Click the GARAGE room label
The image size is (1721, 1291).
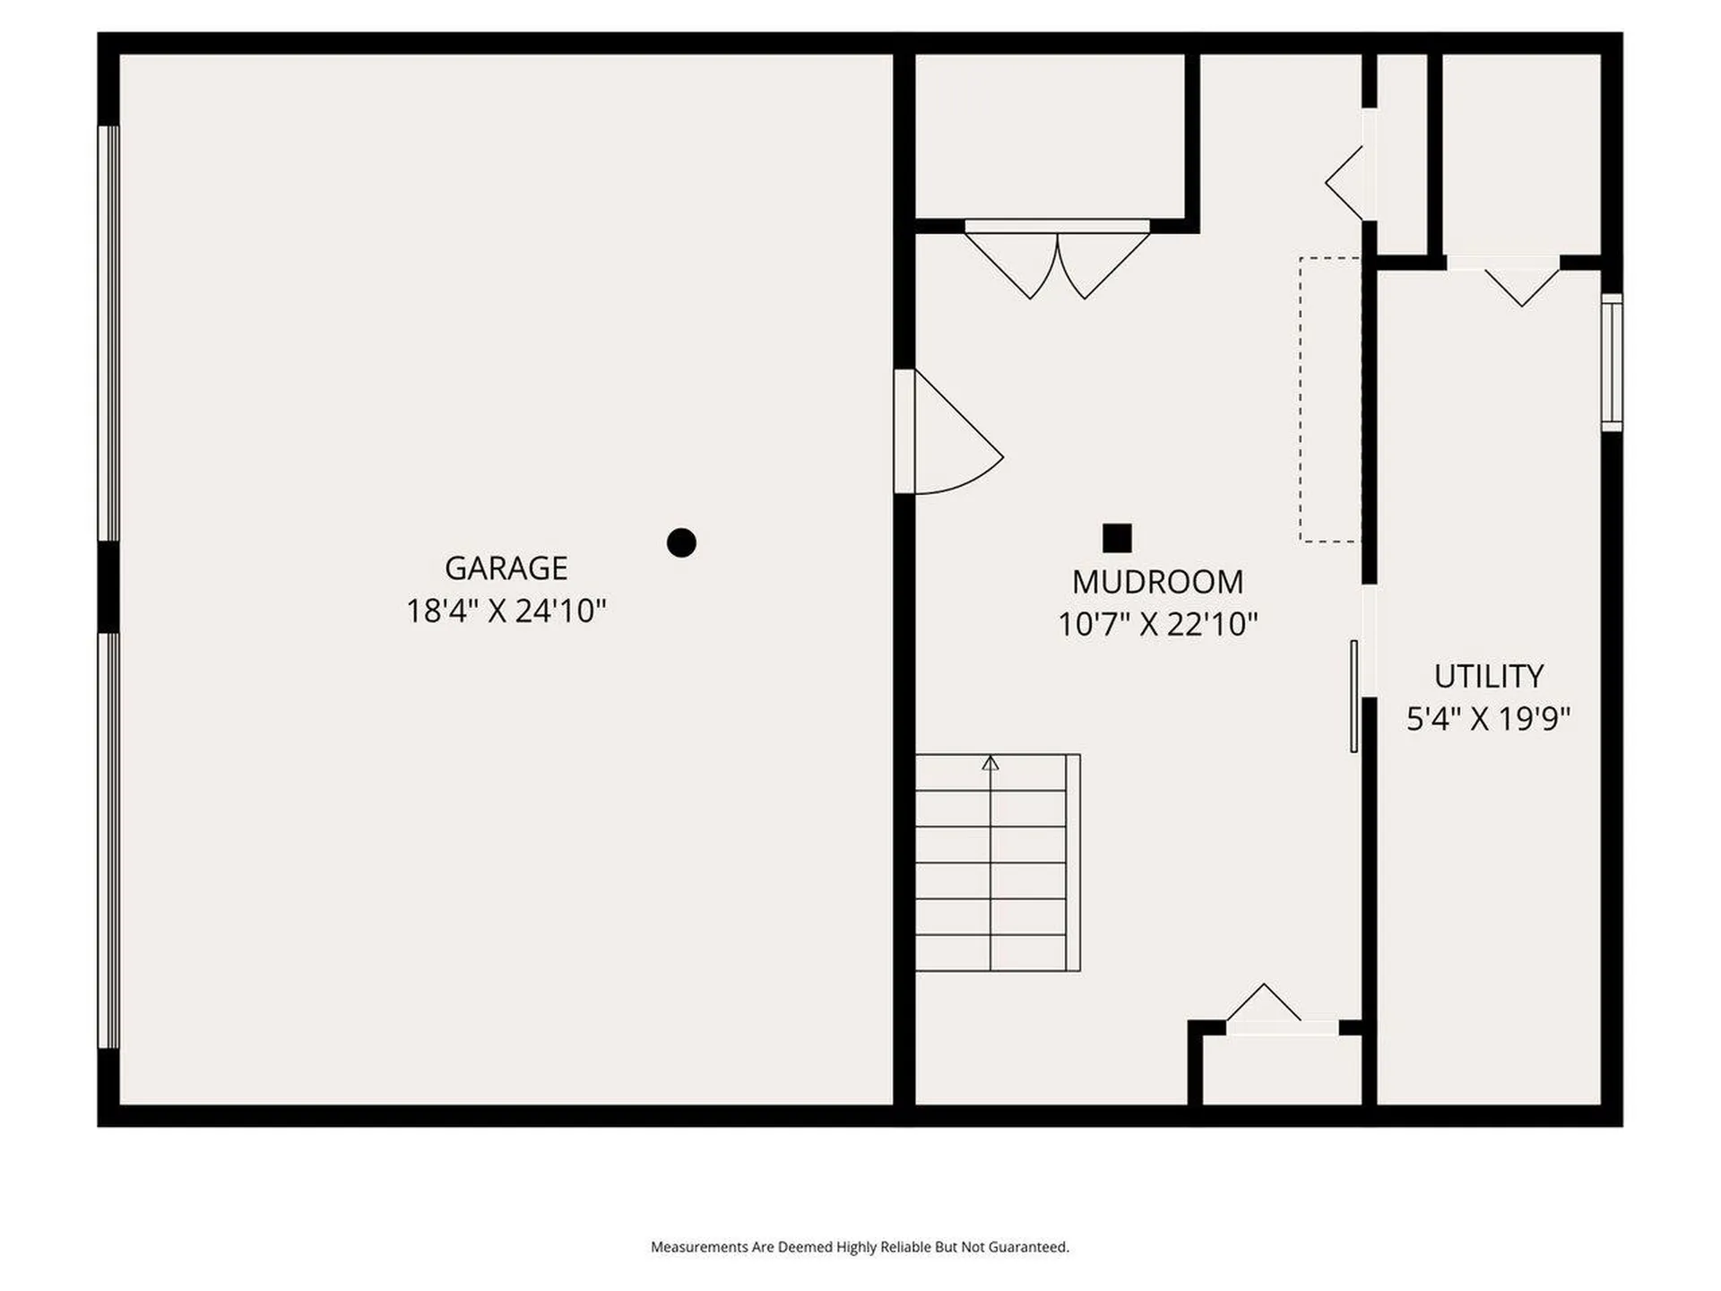[x=506, y=568]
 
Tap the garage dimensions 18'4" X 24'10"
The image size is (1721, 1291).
[x=506, y=611]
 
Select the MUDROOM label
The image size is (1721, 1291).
[x=1157, y=582]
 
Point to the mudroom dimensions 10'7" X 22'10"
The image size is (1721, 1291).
[x=1157, y=624]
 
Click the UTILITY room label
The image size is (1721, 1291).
[x=1488, y=675]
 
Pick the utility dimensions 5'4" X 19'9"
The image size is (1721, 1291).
[x=1488, y=718]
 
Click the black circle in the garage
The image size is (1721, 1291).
[x=681, y=542]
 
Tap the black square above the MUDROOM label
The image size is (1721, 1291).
[x=1117, y=538]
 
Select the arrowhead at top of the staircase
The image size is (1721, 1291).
[x=990, y=763]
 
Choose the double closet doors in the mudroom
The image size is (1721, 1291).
[x=1057, y=260]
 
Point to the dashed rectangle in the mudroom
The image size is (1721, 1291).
[x=1330, y=400]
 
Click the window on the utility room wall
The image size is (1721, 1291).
[x=1612, y=362]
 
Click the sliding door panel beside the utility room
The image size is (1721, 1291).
[x=1353, y=696]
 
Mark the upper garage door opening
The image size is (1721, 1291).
[x=108, y=334]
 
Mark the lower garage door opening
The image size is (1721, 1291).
[x=108, y=840]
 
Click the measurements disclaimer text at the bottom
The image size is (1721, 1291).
[x=860, y=1246]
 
